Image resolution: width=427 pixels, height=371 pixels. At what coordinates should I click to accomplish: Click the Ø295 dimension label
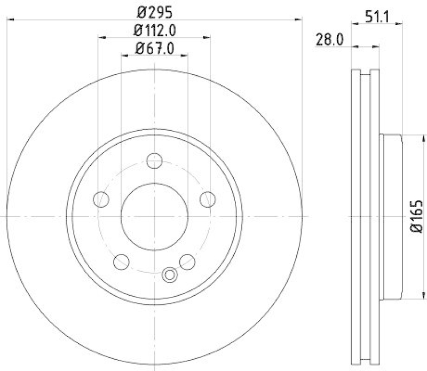click(x=154, y=10)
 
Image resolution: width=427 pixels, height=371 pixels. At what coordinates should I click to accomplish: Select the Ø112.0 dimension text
click(x=154, y=30)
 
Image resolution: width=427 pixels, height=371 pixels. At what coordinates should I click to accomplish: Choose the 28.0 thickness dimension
click(x=329, y=41)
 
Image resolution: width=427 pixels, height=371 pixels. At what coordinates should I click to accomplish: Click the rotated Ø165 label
click(x=416, y=216)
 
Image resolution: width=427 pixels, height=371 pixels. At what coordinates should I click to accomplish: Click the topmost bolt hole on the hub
click(x=154, y=160)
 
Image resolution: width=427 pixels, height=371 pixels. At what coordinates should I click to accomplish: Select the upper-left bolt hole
click(x=100, y=199)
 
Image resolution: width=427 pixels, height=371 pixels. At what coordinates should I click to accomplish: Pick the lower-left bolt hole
click(x=121, y=262)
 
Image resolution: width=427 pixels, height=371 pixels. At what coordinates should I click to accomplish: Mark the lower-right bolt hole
click(x=187, y=262)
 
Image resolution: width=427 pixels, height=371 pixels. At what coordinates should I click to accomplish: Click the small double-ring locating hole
click(x=169, y=275)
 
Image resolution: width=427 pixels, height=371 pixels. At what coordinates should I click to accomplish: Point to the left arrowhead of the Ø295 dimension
click(x=9, y=20)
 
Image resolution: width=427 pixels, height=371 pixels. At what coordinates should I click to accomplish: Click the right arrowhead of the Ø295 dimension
click(x=299, y=20)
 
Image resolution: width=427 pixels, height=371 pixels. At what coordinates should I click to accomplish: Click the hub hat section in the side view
click(x=391, y=216)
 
